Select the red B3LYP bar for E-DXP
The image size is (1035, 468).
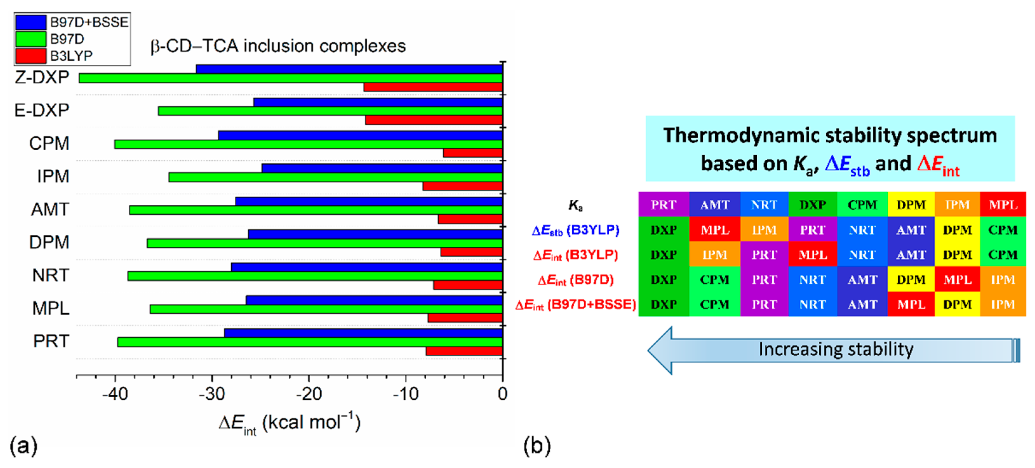coord(433,120)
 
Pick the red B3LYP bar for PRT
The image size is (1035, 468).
coord(464,351)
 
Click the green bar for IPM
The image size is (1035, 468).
coord(335,177)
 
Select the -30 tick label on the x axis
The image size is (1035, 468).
coord(212,394)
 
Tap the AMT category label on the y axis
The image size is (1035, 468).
coord(50,209)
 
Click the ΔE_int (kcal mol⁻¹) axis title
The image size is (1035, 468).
coord(289,423)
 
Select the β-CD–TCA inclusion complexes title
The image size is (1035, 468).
coord(278,46)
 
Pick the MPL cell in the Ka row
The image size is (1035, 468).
coord(1003,205)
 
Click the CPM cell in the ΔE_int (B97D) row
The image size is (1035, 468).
coord(714,279)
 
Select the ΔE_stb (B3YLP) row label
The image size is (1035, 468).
coord(575,230)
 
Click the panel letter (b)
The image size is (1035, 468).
coord(537,445)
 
